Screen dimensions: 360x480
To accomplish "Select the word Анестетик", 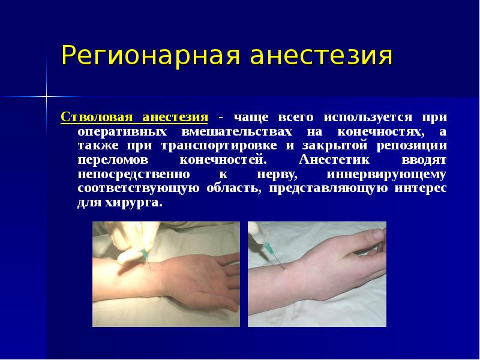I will click(x=331, y=160).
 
